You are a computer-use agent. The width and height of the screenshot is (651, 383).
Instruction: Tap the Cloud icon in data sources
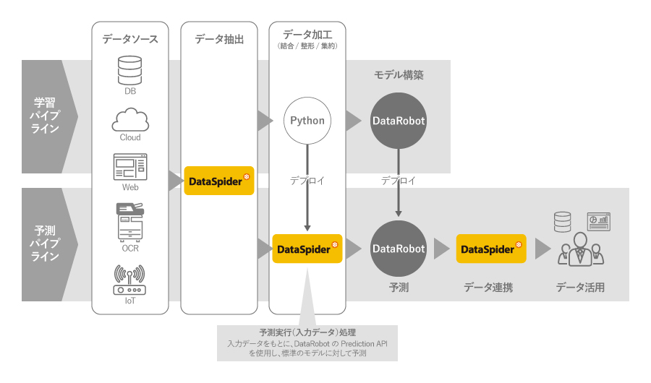coord(130,119)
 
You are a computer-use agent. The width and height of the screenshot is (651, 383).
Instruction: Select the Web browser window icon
coord(130,167)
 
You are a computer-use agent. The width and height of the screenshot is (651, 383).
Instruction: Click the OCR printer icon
coord(130,221)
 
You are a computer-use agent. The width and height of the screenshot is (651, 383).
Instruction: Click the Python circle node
coord(307,121)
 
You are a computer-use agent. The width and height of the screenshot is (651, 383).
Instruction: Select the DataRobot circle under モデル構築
coord(399,121)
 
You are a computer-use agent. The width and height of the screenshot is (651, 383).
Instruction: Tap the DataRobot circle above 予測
coord(399,249)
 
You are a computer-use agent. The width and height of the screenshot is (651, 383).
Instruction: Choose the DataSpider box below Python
coord(307,249)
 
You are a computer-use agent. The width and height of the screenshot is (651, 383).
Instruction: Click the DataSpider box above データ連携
coord(491,249)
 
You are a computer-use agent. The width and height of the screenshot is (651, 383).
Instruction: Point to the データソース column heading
coord(130,39)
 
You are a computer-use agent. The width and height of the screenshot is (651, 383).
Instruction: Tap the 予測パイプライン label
coord(44,244)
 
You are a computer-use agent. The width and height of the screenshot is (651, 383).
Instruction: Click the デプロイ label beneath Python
coord(307,181)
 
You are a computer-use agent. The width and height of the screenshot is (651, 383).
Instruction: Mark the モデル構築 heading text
coord(399,75)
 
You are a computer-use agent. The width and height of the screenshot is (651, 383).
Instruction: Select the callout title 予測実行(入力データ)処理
coord(307,332)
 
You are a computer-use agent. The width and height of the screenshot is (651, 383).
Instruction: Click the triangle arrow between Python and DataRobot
coord(352,121)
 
